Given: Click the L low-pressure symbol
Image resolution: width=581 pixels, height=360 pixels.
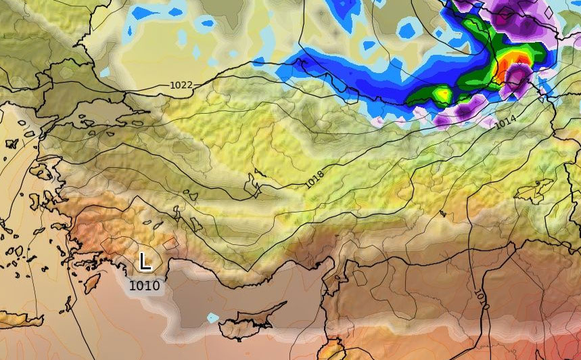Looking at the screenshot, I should coord(145,261).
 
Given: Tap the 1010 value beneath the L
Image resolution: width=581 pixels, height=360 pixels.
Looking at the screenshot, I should coord(144,286).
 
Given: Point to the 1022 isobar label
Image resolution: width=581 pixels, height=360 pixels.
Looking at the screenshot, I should coord(181,85).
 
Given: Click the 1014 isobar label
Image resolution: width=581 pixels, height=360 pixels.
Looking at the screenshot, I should coord(506,123).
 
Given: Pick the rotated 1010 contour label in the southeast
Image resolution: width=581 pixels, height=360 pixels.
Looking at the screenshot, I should coord(480,297).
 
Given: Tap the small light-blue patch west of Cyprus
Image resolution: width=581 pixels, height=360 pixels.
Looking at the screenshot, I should coord(213,317).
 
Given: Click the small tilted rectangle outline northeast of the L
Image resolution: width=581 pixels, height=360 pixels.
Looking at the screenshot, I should coord(170,242).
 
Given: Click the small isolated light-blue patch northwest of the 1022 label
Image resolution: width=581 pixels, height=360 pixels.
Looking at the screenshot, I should coord(105,71).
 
